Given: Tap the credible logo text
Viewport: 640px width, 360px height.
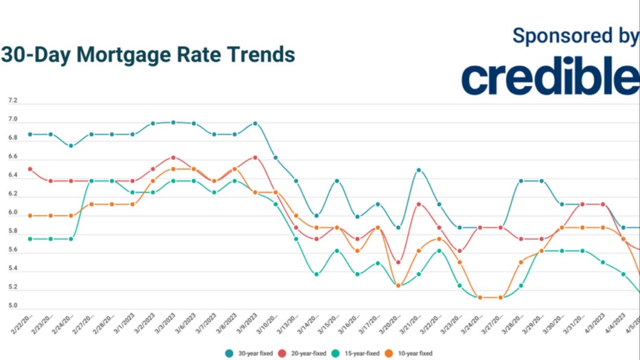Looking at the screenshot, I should tap(550, 77).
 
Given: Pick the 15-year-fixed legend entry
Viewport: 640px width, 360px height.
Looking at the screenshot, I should tap(358, 353).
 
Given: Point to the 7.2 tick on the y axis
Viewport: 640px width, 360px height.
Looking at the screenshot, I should tap(12, 101).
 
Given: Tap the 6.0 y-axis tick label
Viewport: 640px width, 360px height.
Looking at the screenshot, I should tap(12, 213).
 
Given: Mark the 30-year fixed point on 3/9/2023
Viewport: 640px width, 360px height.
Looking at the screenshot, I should tap(255, 124).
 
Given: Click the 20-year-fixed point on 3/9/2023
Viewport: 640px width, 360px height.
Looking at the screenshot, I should tap(255, 157).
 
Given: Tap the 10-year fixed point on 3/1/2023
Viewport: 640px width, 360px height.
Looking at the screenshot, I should tap(133, 204).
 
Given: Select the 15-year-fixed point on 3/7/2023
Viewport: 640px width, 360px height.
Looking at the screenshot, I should tap(214, 192).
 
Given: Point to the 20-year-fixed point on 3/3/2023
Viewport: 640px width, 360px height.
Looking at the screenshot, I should tap(174, 157).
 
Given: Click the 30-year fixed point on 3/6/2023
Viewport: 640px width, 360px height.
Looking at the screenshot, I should tap(194, 124).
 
